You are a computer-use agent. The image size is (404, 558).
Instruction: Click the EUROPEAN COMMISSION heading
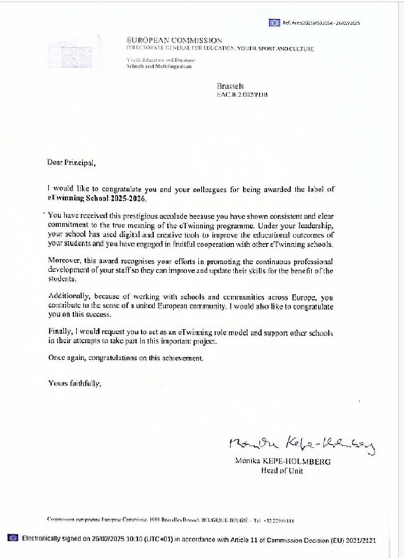[174, 41]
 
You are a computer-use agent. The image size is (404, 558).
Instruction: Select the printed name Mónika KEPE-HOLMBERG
[282, 462]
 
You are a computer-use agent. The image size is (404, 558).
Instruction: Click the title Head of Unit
[282, 471]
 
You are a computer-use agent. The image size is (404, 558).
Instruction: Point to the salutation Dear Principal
[71, 163]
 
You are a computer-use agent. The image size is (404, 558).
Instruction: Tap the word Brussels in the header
[230, 86]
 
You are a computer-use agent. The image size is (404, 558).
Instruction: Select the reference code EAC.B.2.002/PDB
[242, 94]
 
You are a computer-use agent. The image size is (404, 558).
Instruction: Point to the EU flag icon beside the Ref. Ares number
[275, 23]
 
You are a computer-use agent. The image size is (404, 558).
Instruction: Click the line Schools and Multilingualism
[159, 67]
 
